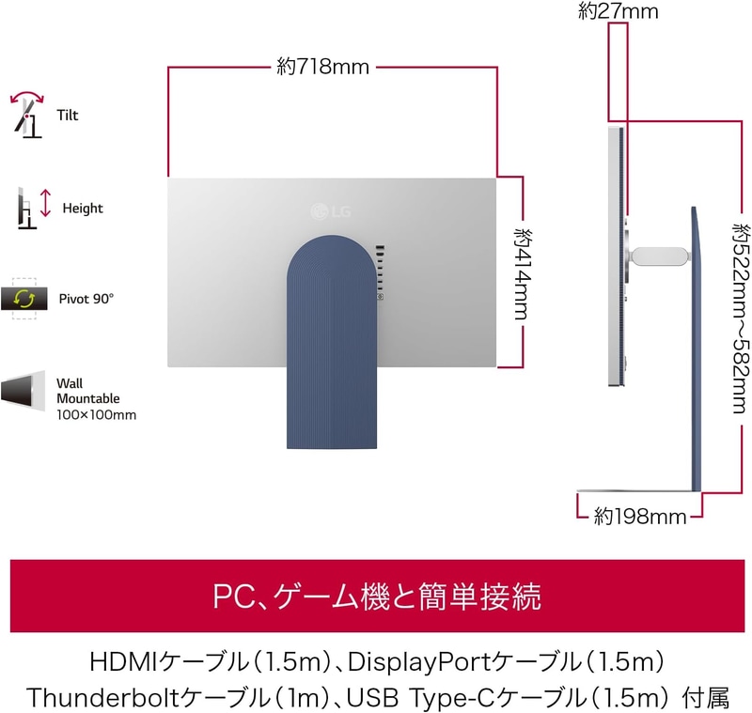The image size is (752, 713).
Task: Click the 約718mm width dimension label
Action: coord(322,67)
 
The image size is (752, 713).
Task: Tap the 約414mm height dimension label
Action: coord(523,274)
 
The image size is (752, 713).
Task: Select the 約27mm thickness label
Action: coord(619,11)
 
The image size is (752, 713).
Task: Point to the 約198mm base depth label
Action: coord(640,517)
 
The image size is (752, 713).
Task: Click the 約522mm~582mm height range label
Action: coord(741,318)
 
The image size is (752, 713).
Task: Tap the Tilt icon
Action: coord(27,114)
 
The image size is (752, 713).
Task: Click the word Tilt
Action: coord(67,115)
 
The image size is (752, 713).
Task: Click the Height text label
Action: coord(83,209)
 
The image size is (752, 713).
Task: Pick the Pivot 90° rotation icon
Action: coord(24,299)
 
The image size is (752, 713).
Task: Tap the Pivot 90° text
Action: coord(86,299)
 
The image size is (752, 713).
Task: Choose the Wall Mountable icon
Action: coord(23,391)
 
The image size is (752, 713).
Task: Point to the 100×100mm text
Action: coord(97,415)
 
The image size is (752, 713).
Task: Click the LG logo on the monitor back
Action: coord(331,210)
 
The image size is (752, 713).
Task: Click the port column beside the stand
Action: coord(381,272)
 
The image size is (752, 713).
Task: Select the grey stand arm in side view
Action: coord(661,255)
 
